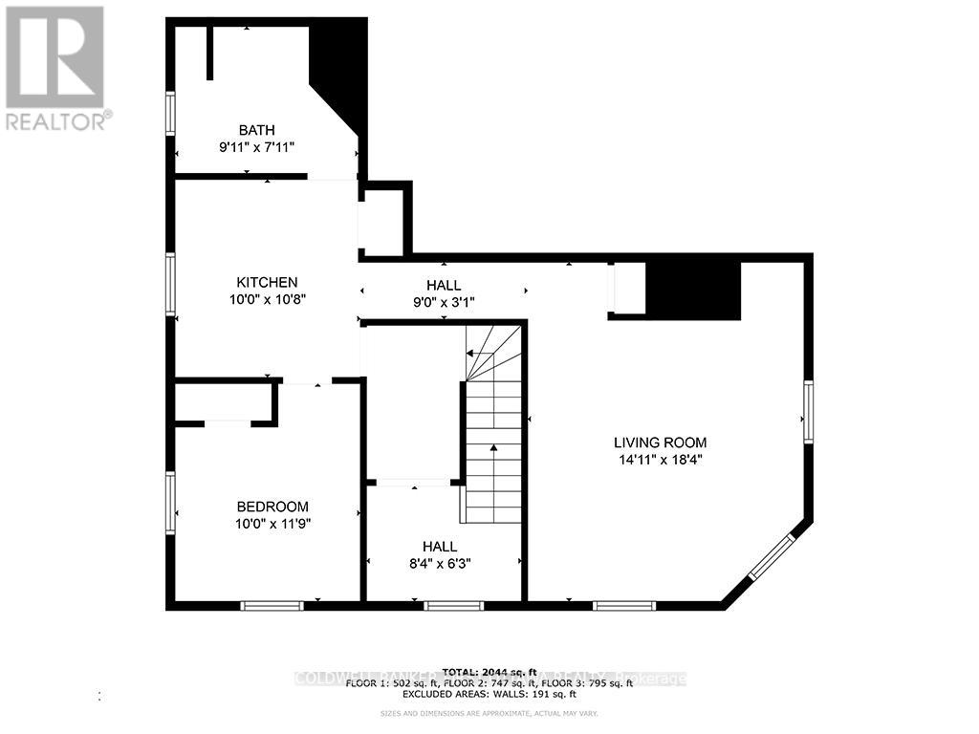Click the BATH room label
point(257,130)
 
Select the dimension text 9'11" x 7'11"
point(257,147)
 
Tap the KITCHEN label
point(268,282)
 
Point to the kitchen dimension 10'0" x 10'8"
point(268,299)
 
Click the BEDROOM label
point(272,507)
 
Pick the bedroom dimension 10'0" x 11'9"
point(272,524)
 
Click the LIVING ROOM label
point(660,443)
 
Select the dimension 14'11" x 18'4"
point(660,460)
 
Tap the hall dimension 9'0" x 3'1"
point(444,302)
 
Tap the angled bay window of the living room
point(770,557)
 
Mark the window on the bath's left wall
point(170,113)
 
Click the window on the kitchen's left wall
point(170,284)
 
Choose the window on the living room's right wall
point(808,411)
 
